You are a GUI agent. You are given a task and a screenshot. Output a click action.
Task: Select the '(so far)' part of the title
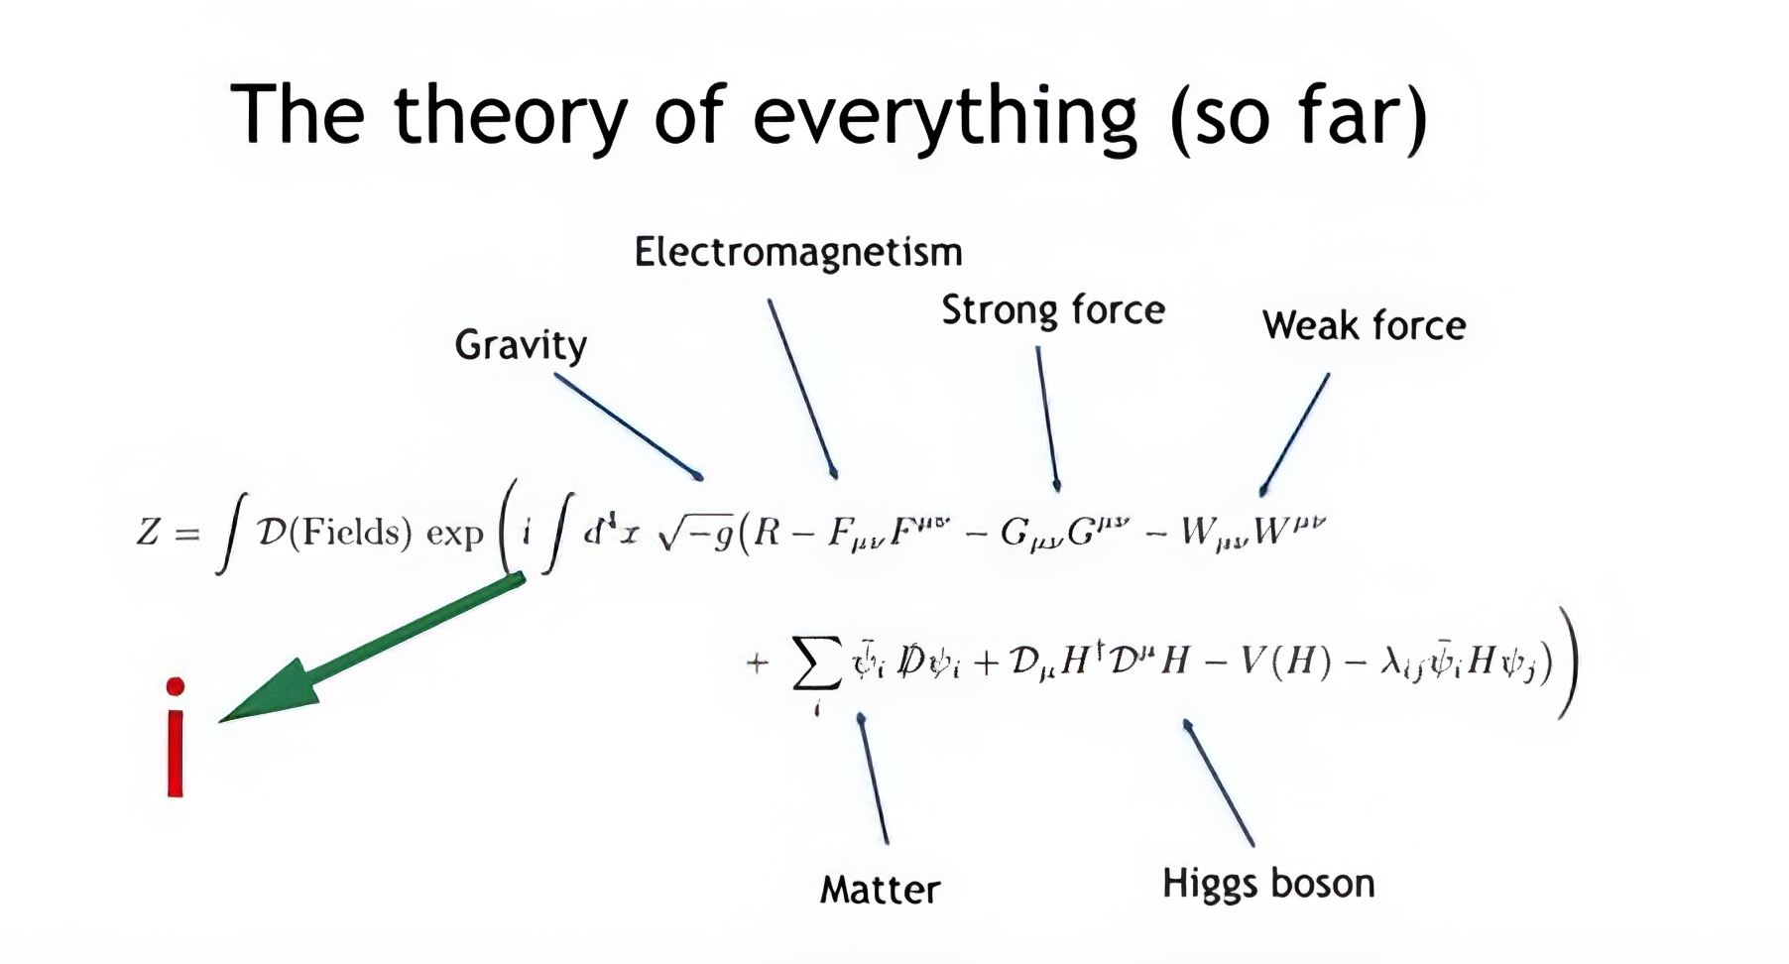tap(1298, 116)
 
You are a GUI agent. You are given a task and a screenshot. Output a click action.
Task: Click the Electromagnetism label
tap(798, 252)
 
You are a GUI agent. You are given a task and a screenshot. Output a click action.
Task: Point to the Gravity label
tap(521, 345)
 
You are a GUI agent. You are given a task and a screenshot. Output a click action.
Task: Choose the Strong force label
tap(1052, 310)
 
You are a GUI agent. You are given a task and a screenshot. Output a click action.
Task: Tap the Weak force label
tap(1364, 325)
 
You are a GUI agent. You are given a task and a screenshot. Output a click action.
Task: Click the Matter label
tap(880, 889)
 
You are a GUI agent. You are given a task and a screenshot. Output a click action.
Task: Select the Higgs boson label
tap(1268, 883)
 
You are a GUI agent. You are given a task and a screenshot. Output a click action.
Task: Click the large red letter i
tap(176, 739)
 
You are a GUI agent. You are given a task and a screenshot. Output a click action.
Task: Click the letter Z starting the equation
tap(148, 533)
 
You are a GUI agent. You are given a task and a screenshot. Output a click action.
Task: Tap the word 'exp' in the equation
tap(454, 535)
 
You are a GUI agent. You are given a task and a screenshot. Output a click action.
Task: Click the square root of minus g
tap(695, 533)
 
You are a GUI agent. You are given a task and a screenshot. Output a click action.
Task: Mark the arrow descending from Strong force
tap(1047, 417)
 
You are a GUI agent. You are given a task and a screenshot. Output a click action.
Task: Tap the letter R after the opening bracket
tap(767, 533)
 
